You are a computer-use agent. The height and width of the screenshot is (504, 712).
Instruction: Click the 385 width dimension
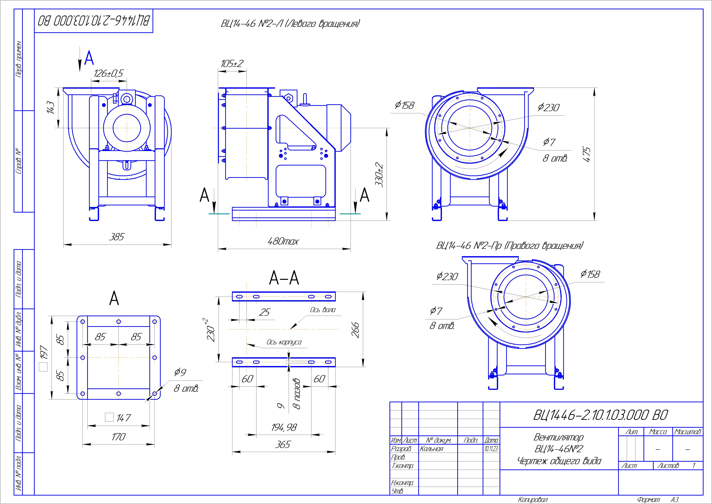point(117,237)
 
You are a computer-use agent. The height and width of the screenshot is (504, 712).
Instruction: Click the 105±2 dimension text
point(232,64)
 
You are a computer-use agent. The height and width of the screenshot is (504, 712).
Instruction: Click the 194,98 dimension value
point(284,428)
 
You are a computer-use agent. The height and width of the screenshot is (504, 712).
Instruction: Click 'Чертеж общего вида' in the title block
point(559,461)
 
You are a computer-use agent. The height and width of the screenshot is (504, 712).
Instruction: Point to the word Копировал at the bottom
point(533,500)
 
